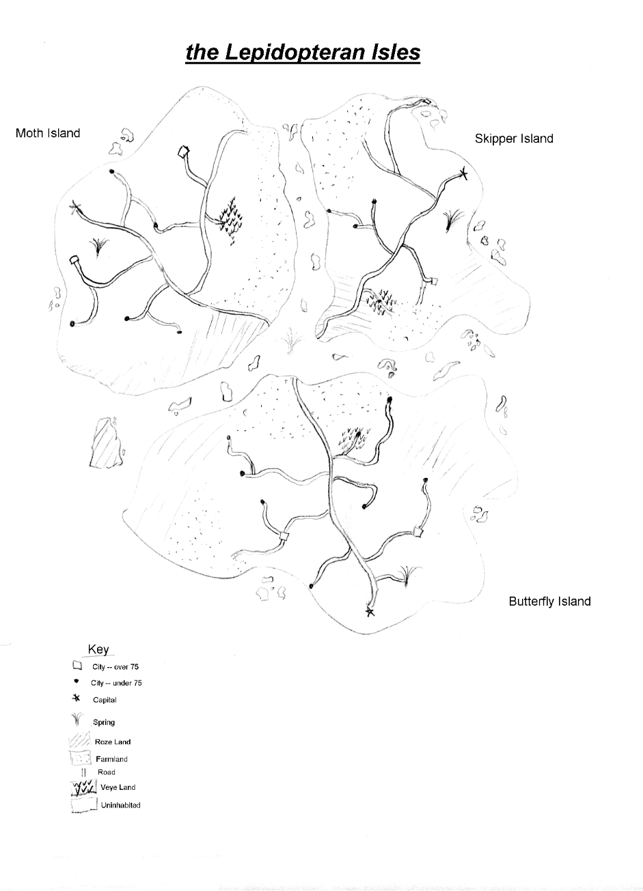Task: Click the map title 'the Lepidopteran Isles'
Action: [x=303, y=53]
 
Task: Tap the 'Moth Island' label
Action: [x=48, y=133]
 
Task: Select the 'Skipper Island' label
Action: [x=514, y=139]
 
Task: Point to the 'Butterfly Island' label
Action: [x=549, y=602]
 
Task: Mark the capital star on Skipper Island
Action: [x=463, y=173]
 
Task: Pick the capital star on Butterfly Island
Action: [x=370, y=612]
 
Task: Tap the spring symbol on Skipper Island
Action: [x=452, y=218]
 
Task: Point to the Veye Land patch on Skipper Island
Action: [x=380, y=302]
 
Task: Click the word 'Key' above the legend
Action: [x=98, y=649]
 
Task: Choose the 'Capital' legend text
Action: [x=105, y=700]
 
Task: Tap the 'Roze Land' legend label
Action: [x=113, y=742]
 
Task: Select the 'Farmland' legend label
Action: [x=111, y=759]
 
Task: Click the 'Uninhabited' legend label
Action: [x=121, y=805]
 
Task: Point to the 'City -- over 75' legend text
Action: [x=115, y=667]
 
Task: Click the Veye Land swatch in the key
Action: [x=83, y=787]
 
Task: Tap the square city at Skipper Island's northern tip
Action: [x=427, y=102]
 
